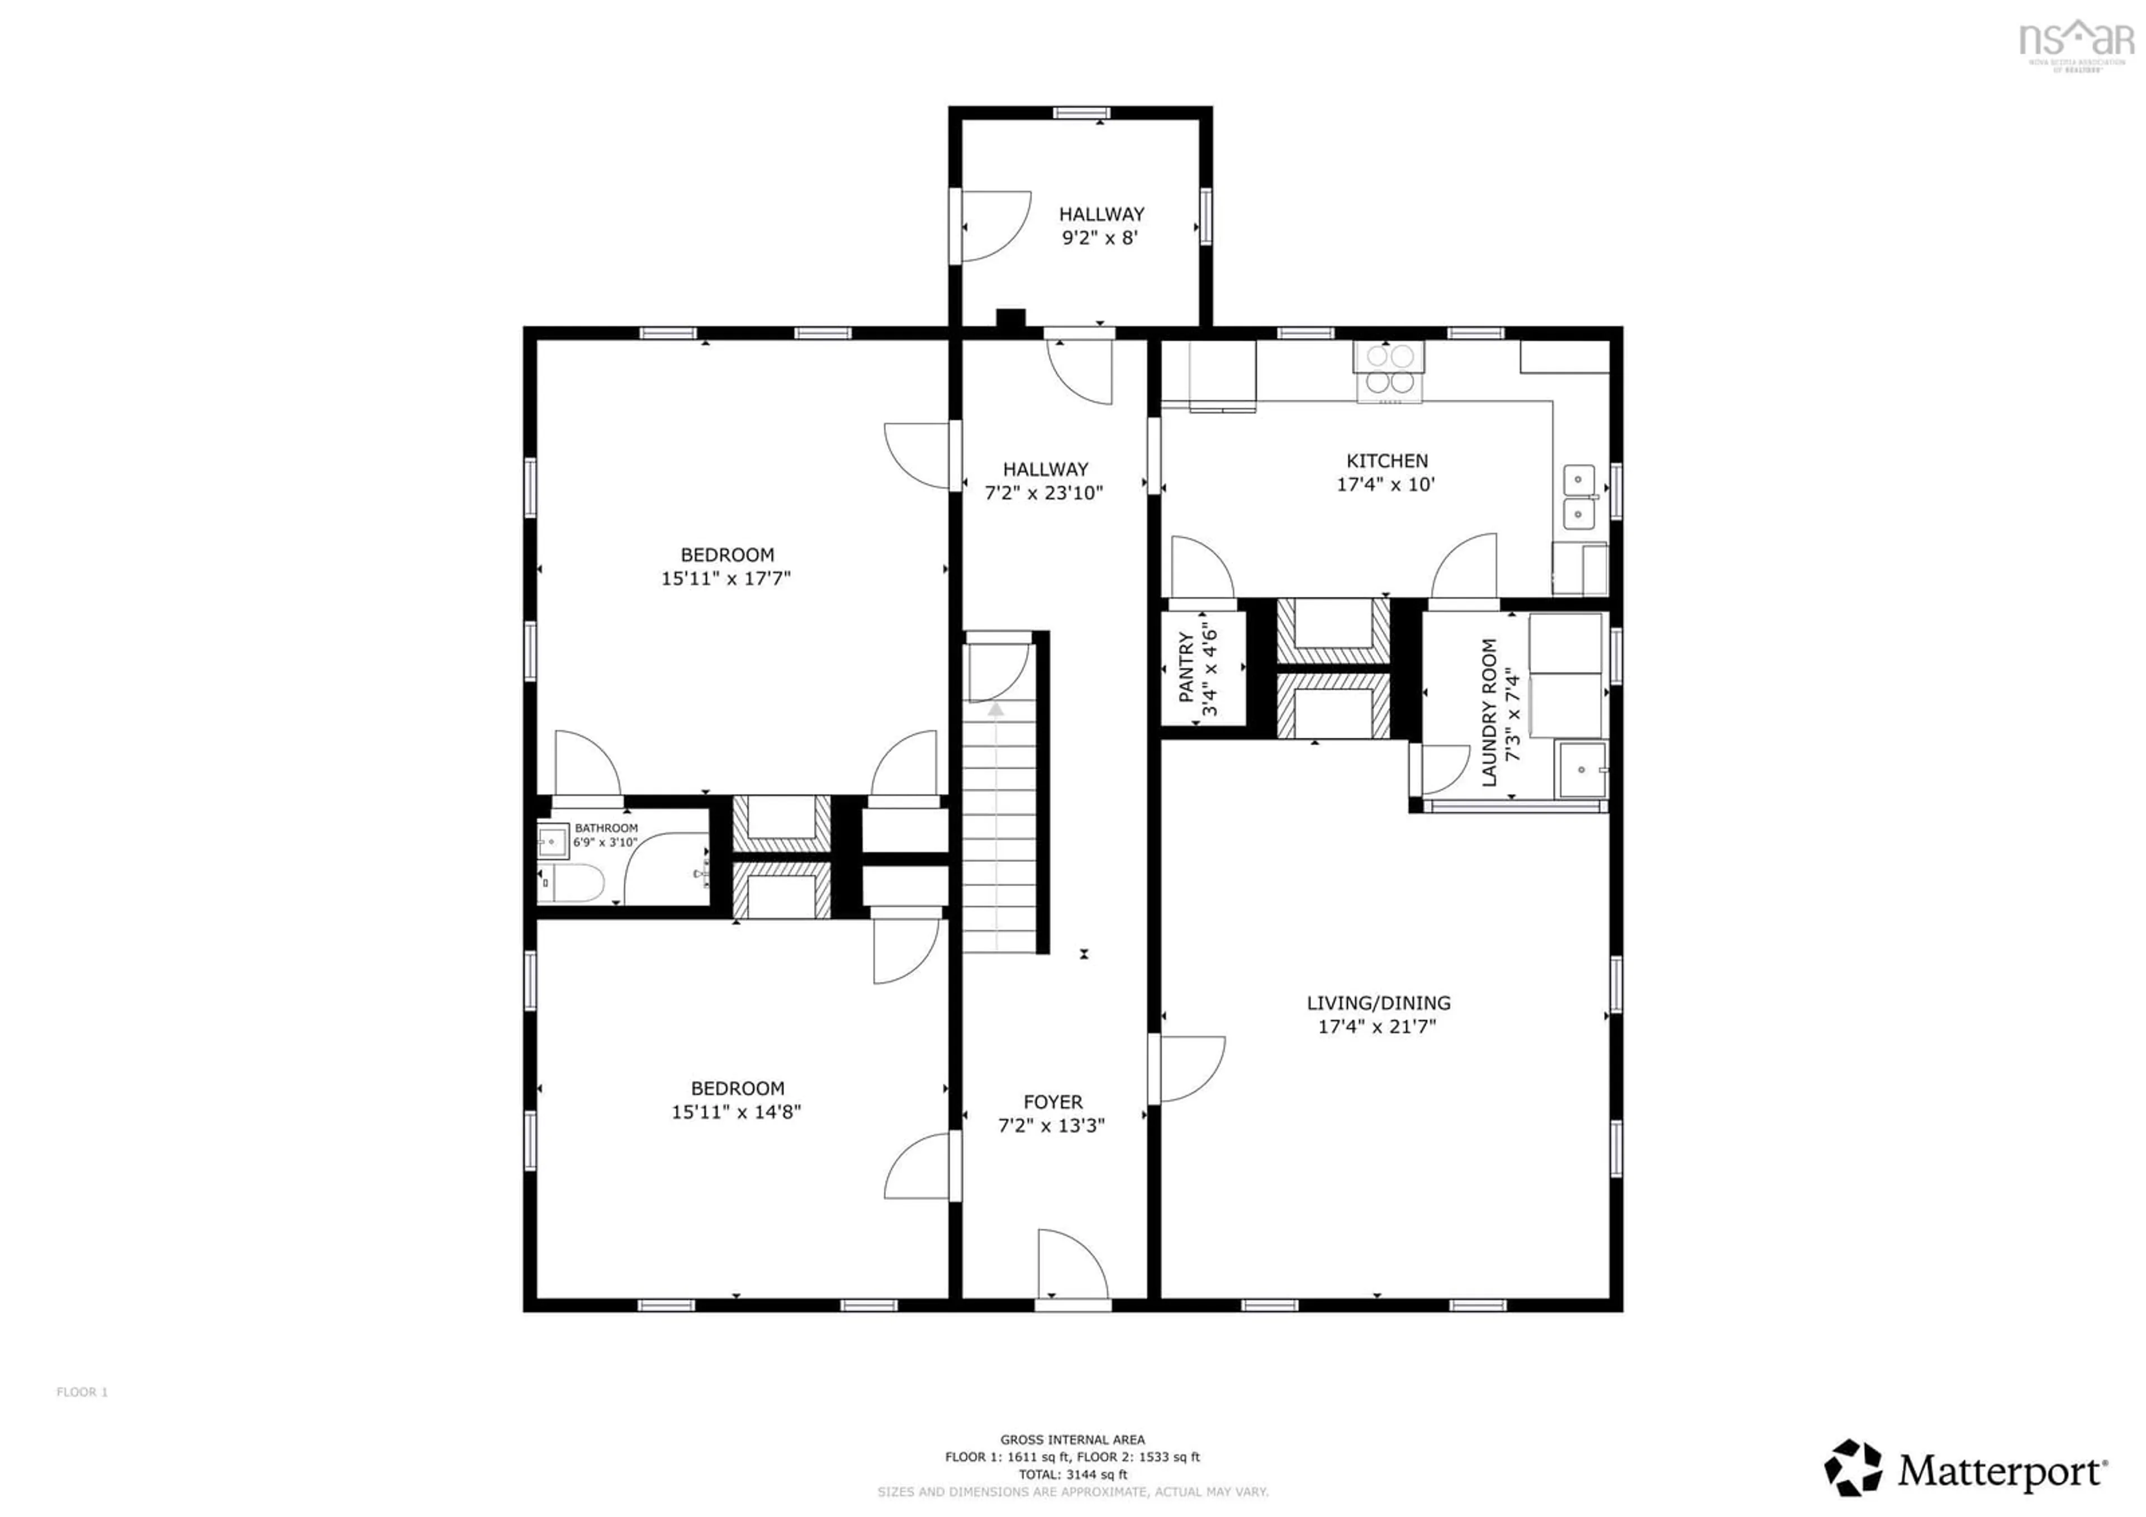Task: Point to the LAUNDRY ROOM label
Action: tap(1489, 712)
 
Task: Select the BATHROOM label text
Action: tap(606, 828)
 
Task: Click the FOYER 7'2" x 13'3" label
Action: tap(1052, 1113)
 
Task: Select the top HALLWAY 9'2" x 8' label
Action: tap(1100, 225)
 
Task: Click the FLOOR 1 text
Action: tap(82, 1392)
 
